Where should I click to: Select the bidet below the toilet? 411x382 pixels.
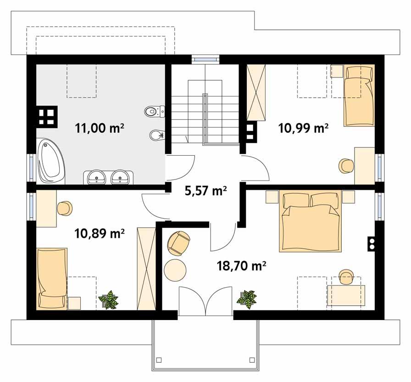coord(156,135)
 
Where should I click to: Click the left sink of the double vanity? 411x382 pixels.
coord(97,176)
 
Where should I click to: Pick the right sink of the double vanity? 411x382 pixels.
coord(121,176)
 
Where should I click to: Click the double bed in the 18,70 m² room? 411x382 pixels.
coord(311,222)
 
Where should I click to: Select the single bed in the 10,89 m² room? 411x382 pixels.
coord(52,278)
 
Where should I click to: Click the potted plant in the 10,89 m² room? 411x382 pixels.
coord(109,299)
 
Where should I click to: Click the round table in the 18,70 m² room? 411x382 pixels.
coord(175,270)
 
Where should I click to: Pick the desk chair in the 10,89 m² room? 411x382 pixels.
coord(65,208)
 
